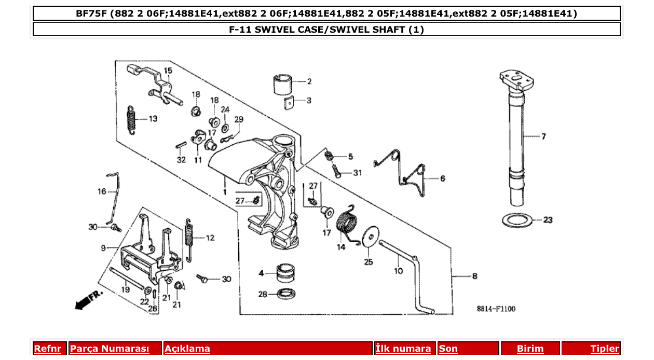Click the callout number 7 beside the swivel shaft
click(x=543, y=137)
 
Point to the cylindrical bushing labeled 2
click(x=282, y=84)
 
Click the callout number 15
click(x=168, y=70)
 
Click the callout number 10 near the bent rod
click(x=398, y=270)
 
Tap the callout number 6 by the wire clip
click(x=442, y=178)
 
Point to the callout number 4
click(x=262, y=273)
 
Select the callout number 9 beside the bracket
click(x=103, y=248)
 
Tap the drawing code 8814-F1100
click(x=496, y=309)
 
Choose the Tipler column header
click(x=605, y=349)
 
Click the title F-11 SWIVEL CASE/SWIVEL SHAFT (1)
click(x=326, y=30)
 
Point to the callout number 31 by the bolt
click(x=357, y=173)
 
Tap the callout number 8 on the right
click(x=474, y=276)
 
